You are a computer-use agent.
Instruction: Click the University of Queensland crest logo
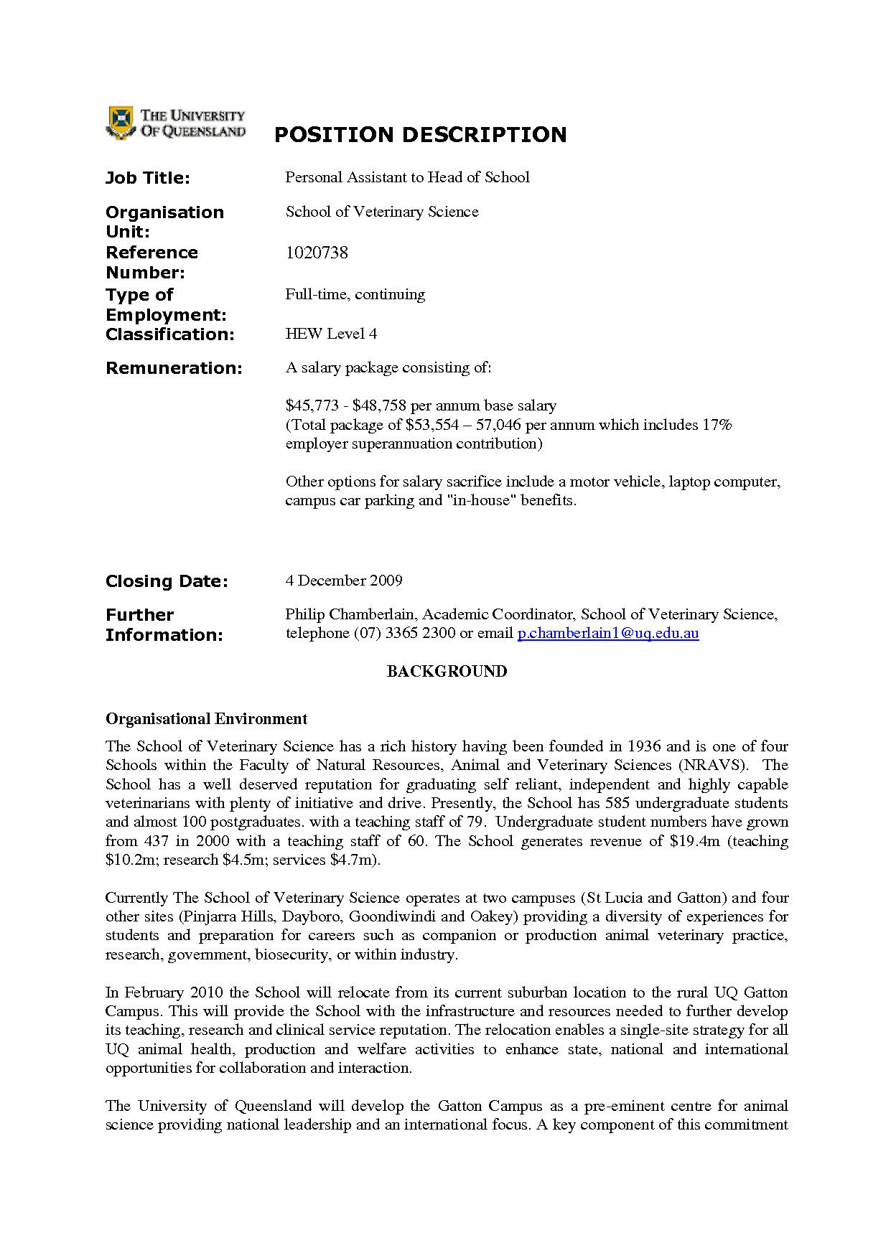point(121,122)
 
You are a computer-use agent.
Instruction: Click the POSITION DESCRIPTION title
point(420,134)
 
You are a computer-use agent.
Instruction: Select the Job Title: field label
point(147,178)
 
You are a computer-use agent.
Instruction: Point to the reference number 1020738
point(317,253)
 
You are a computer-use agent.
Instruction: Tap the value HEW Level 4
point(331,334)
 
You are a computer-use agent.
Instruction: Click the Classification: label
point(169,334)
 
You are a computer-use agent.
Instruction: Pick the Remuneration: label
point(174,368)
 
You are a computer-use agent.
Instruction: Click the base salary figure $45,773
point(312,406)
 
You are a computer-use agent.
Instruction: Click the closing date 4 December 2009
point(344,581)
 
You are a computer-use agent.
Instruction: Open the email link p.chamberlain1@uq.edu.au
point(607,634)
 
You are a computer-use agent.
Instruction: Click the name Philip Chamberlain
point(350,614)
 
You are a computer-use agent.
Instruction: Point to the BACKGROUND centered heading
point(447,672)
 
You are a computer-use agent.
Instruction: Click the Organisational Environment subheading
point(206,719)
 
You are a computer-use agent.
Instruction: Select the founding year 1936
point(644,747)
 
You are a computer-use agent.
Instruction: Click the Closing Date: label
point(167,581)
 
